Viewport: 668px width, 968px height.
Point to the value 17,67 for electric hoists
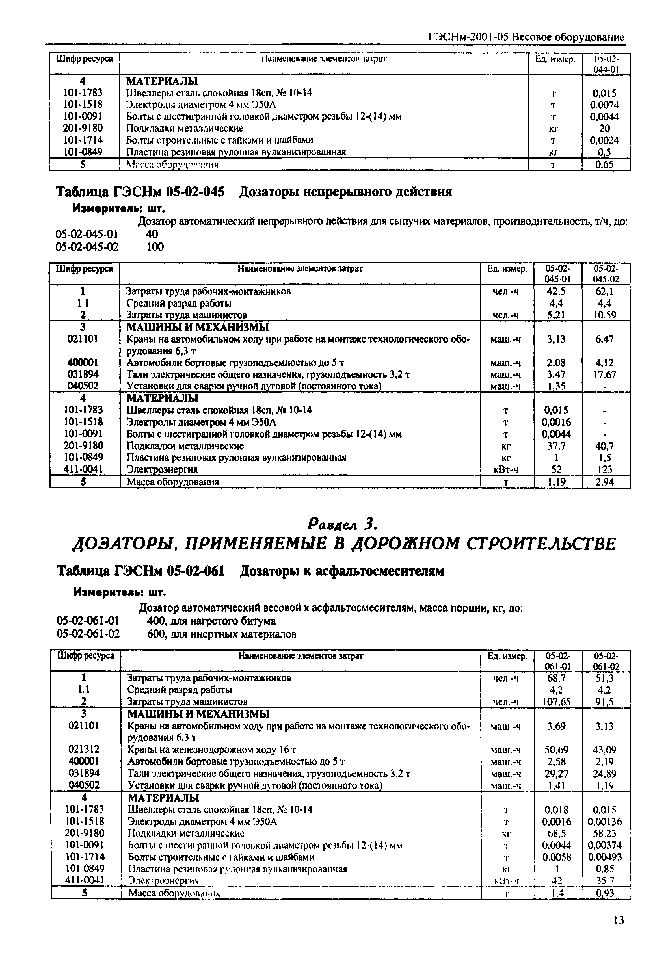[605, 374]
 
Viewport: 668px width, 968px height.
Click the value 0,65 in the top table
[604, 165]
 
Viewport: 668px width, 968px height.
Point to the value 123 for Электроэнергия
[605, 469]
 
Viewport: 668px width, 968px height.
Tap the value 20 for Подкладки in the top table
[604, 128]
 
